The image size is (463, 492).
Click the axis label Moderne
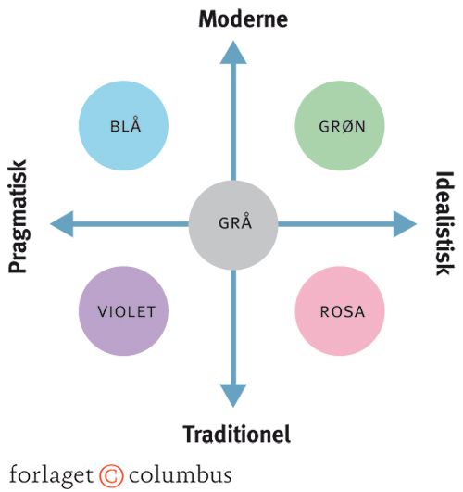click(244, 19)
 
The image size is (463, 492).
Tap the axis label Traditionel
click(237, 435)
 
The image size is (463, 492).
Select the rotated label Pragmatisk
click(18, 217)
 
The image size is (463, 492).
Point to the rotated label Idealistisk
click(444, 223)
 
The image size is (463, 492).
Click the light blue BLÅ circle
click(123, 125)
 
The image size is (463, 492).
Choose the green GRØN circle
click(340, 125)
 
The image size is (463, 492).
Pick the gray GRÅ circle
click(233, 224)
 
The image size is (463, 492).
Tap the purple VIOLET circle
click(123, 311)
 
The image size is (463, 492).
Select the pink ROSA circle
click(340, 311)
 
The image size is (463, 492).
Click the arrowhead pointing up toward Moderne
click(233, 55)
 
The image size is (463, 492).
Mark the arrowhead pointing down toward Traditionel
click(233, 394)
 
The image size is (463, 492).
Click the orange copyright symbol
click(111, 475)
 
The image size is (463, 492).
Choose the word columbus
click(181, 474)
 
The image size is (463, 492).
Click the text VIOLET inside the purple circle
click(127, 312)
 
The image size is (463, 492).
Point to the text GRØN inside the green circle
click(343, 126)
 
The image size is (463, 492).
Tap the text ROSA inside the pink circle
click(343, 312)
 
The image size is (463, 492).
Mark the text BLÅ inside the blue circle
click(126, 124)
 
